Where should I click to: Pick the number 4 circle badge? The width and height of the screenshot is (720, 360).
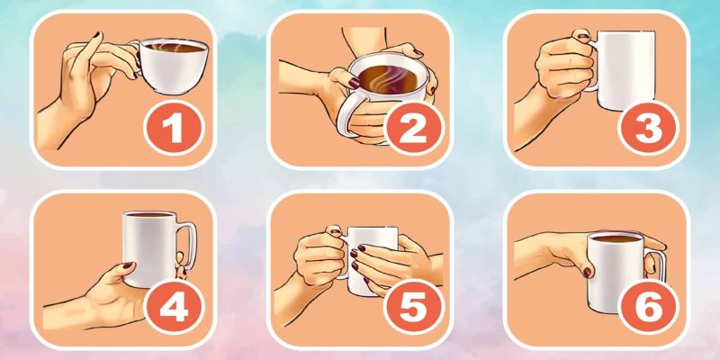(x=174, y=309)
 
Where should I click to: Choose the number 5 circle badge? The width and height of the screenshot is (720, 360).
(x=413, y=309)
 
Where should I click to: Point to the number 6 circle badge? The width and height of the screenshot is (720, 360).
(x=648, y=309)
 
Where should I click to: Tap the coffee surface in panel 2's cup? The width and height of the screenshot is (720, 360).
(x=389, y=78)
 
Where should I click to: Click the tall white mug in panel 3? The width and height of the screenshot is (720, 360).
(x=625, y=70)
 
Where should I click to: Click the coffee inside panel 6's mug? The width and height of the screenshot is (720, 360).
(x=616, y=238)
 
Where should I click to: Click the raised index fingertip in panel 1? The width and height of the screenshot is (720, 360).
(x=97, y=35)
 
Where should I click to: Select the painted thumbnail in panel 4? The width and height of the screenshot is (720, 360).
(x=128, y=265)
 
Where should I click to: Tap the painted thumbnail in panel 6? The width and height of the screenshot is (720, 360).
(x=588, y=273)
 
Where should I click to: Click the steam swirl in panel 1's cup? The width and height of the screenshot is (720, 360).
(x=162, y=46)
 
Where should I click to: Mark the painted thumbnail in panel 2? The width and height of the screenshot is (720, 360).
(x=355, y=83)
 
